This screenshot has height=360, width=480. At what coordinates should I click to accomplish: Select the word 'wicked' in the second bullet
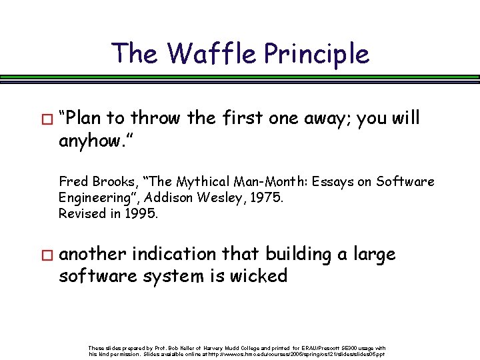255,275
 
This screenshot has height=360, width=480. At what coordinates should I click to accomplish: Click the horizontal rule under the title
240,78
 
